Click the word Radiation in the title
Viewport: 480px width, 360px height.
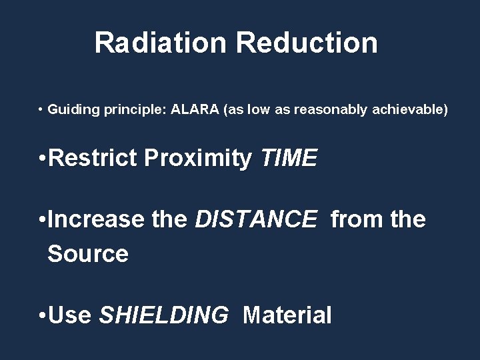pos(161,43)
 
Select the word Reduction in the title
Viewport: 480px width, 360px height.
pos(307,43)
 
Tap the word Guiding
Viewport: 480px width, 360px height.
pos(74,109)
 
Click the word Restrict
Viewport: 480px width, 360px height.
pos(93,158)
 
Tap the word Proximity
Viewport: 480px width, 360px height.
pos(198,159)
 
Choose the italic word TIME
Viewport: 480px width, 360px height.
pos(289,158)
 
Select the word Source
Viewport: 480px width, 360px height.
pos(88,253)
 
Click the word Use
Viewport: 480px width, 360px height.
pos(69,314)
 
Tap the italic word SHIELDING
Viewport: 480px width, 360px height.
pos(163,314)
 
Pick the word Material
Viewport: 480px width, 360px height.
pos(287,314)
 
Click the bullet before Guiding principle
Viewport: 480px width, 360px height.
pos(41,109)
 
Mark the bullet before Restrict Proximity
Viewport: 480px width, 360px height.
pos(42,159)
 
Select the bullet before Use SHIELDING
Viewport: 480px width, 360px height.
pos(42,315)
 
